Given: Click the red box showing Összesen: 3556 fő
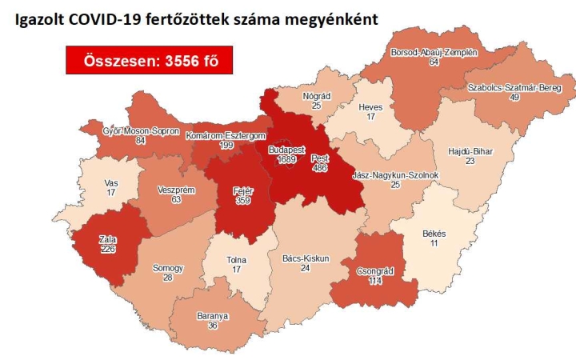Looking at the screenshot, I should tap(143, 60).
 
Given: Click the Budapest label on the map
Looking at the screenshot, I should tap(283, 149).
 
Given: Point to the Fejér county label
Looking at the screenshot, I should tap(243, 190).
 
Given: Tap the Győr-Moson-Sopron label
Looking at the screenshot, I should tap(140, 130).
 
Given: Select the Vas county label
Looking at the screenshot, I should tap(112, 183).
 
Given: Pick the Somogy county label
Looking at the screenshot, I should tap(168, 268).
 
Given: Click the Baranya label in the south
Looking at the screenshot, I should tap(212, 316).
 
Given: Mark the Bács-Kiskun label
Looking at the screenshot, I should tap(306, 258).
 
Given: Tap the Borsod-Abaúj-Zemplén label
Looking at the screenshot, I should tap(434, 52).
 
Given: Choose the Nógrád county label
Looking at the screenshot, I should tap(317, 96).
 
